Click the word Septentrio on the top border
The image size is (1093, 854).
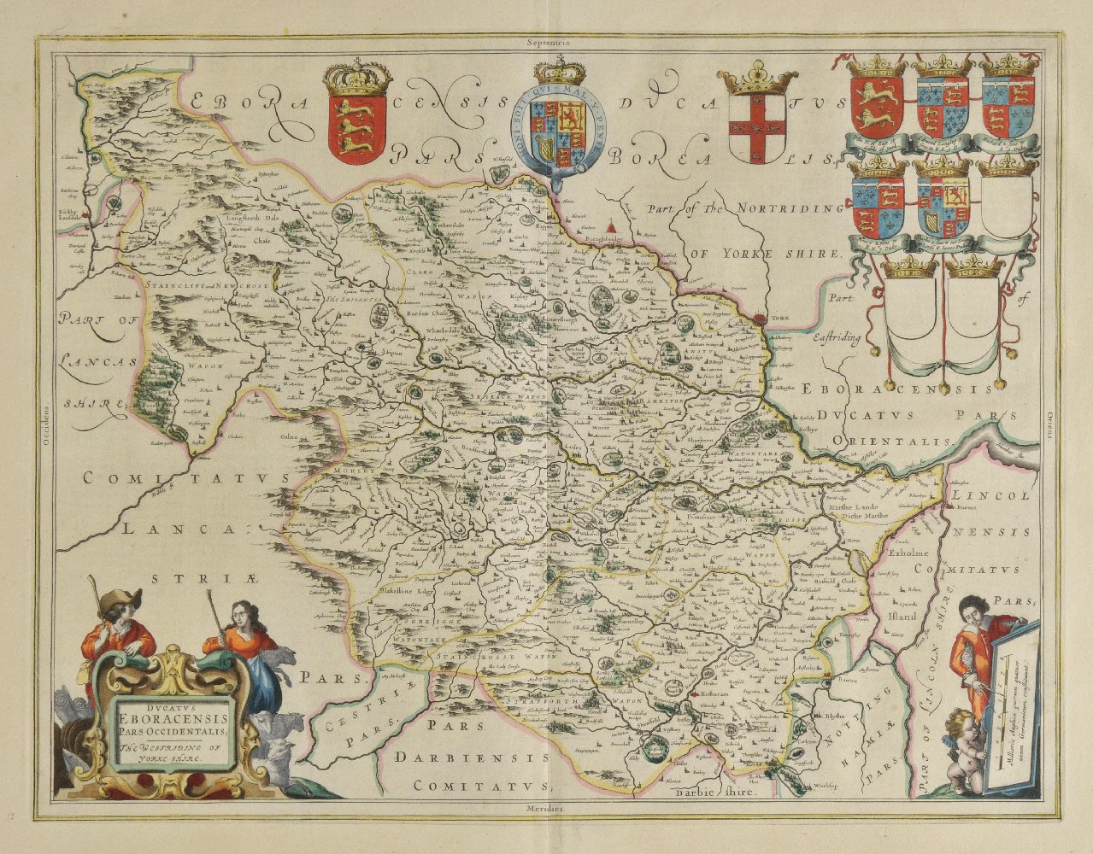point(547,40)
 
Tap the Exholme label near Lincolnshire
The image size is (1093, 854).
point(909,553)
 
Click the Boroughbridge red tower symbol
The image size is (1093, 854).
point(609,226)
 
